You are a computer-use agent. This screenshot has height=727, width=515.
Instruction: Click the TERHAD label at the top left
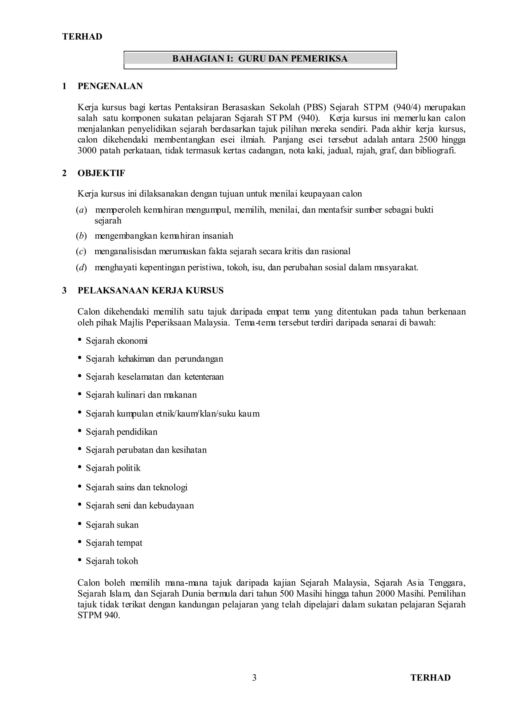[x=82, y=37]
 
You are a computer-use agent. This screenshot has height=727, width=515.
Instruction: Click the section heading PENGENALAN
[x=110, y=86]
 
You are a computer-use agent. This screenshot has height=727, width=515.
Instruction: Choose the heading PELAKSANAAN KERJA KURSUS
[x=150, y=290]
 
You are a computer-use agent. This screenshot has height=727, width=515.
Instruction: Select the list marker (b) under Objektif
[x=81, y=236]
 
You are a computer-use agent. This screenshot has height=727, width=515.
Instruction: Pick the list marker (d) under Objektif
[x=81, y=268]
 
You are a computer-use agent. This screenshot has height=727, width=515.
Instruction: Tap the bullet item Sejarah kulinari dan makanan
[x=141, y=395]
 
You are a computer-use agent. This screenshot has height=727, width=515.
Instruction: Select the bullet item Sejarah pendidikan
[x=121, y=432]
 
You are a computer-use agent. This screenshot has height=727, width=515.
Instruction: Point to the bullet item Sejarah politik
[x=113, y=468]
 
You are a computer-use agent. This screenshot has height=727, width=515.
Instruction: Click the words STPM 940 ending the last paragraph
[x=98, y=615]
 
